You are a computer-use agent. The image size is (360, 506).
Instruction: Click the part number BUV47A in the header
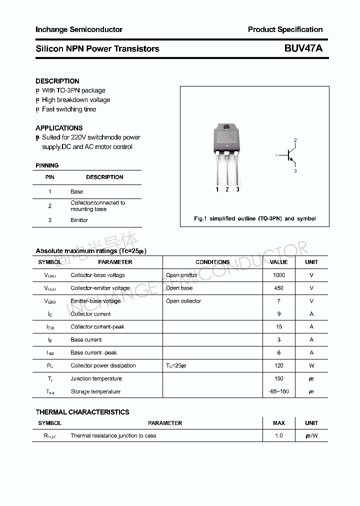(303, 48)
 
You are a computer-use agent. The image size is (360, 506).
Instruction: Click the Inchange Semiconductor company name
(79, 29)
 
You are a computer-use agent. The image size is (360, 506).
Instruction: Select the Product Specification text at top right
(285, 29)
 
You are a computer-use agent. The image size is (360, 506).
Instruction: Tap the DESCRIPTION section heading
(57, 81)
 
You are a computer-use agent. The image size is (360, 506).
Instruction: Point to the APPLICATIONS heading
(59, 128)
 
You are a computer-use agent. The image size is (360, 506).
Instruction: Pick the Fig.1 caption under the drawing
(254, 218)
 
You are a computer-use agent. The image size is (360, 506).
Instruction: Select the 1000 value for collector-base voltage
(278, 275)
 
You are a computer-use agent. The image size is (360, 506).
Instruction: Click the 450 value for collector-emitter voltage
(278, 288)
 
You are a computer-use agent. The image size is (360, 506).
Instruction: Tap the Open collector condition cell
(183, 301)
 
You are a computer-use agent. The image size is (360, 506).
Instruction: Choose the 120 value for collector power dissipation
(278, 365)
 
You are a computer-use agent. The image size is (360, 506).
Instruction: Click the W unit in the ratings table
(311, 365)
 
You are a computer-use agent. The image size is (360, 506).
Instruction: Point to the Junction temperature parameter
(96, 378)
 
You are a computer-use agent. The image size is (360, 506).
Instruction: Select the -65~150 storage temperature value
(278, 391)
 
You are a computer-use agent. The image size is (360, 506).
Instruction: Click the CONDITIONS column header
(212, 262)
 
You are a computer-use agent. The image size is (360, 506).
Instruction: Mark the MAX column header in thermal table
(278, 423)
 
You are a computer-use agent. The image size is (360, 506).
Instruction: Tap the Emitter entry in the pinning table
(79, 220)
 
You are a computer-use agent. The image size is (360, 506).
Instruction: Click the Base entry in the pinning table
(77, 191)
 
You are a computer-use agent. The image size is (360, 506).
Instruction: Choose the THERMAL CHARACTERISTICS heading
(82, 412)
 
